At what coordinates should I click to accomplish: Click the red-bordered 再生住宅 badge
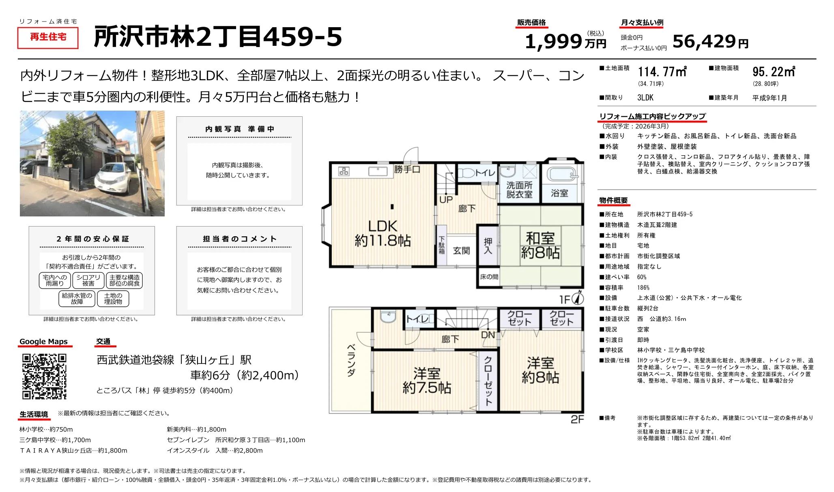(48, 38)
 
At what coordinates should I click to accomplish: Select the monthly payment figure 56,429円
(710, 41)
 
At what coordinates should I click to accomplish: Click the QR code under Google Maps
(44, 376)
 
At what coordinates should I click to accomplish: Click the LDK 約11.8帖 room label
(383, 233)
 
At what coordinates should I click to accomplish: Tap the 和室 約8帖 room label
(540, 245)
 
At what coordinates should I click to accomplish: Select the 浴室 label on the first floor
(559, 193)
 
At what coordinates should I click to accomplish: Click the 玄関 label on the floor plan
(461, 250)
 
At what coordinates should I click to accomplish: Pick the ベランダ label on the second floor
(351, 360)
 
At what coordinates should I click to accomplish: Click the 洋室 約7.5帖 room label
(427, 381)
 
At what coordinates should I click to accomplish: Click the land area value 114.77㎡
(662, 72)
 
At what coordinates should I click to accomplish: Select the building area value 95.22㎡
(774, 72)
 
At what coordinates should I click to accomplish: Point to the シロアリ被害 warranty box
(88, 280)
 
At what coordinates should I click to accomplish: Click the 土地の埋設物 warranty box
(113, 299)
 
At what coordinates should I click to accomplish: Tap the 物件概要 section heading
(613, 200)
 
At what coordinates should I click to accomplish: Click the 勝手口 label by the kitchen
(406, 169)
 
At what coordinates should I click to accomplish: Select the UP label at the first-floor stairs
(446, 199)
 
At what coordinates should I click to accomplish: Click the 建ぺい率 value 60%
(642, 277)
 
